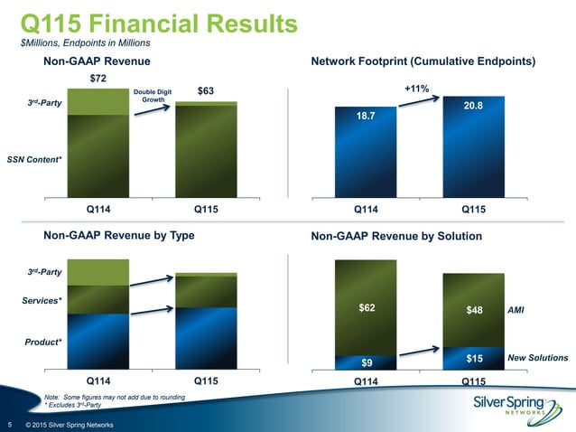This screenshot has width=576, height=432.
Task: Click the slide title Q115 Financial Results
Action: pos(158,21)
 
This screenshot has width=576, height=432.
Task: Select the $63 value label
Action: pos(207,90)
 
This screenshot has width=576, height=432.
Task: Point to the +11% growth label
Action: pos(416,89)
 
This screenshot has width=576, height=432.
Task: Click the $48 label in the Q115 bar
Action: pos(474,310)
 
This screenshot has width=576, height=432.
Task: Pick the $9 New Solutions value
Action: pos(367,362)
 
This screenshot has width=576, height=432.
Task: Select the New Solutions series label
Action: pos(538,359)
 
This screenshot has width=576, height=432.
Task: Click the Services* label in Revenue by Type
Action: pos(42,299)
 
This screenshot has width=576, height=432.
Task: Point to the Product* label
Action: pos(42,342)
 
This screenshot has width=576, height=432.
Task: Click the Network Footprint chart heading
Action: pos(423,61)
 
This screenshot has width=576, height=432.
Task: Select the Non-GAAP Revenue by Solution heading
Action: pos(396,236)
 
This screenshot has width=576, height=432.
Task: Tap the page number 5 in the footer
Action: pos(9,425)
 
